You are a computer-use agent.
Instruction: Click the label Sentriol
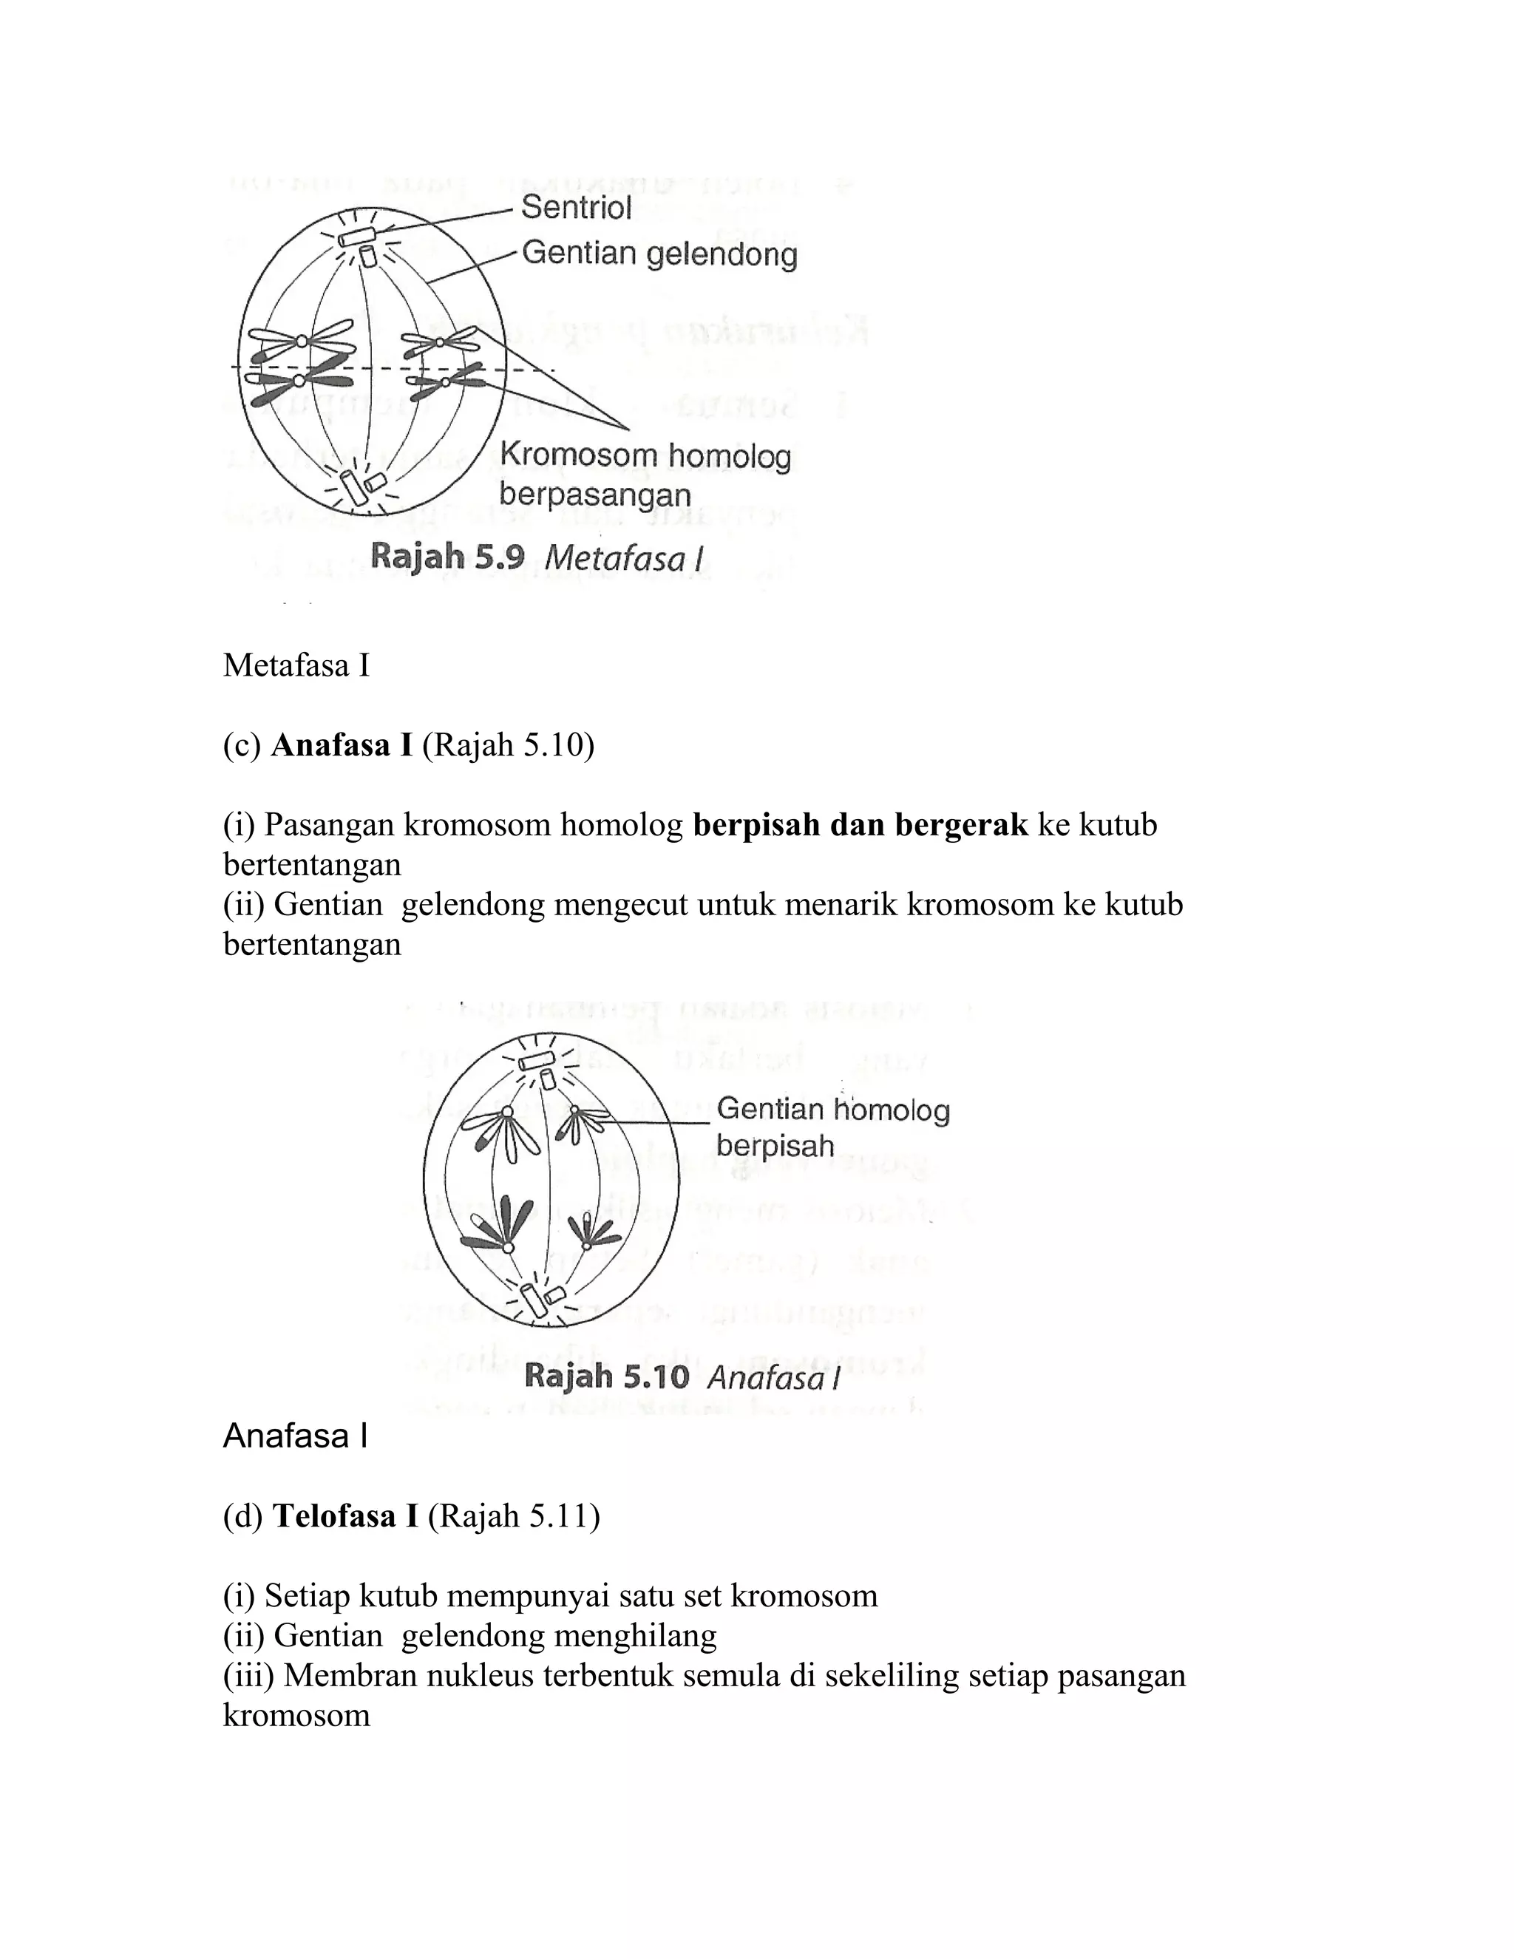tap(577, 208)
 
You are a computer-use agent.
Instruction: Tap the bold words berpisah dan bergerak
tap(860, 824)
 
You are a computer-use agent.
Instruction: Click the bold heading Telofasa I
tap(345, 1516)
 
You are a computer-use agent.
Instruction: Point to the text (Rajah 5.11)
tap(514, 1516)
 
